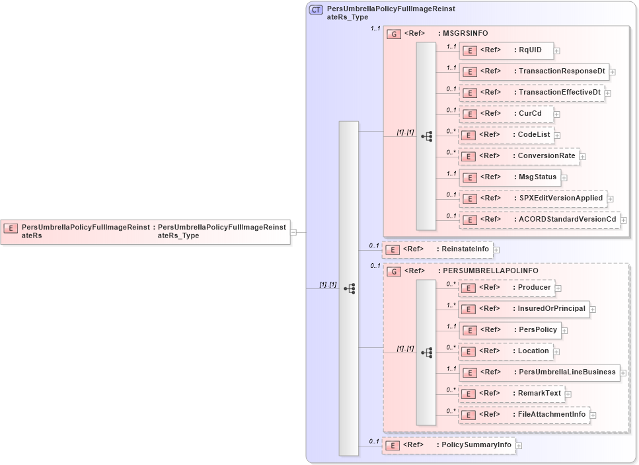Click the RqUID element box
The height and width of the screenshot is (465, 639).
(x=506, y=50)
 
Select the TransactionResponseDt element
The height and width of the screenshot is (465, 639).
(x=533, y=71)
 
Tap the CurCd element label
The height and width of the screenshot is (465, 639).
(x=529, y=114)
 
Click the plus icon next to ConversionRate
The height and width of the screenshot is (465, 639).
(x=583, y=157)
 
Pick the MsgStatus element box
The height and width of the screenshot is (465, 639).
(x=509, y=177)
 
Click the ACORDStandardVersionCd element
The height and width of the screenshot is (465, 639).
(x=539, y=220)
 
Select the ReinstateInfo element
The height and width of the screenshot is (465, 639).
(x=437, y=249)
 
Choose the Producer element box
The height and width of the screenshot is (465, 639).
(x=506, y=288)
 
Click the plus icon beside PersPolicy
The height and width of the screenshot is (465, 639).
(x=564, y=330)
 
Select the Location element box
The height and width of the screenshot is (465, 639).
(x=506, y=351)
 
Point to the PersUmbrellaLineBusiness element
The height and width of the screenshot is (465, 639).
(x=539, y=372)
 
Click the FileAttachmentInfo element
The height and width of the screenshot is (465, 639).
(x=524, y=415)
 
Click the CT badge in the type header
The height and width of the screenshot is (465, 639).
(x=316, y=10)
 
